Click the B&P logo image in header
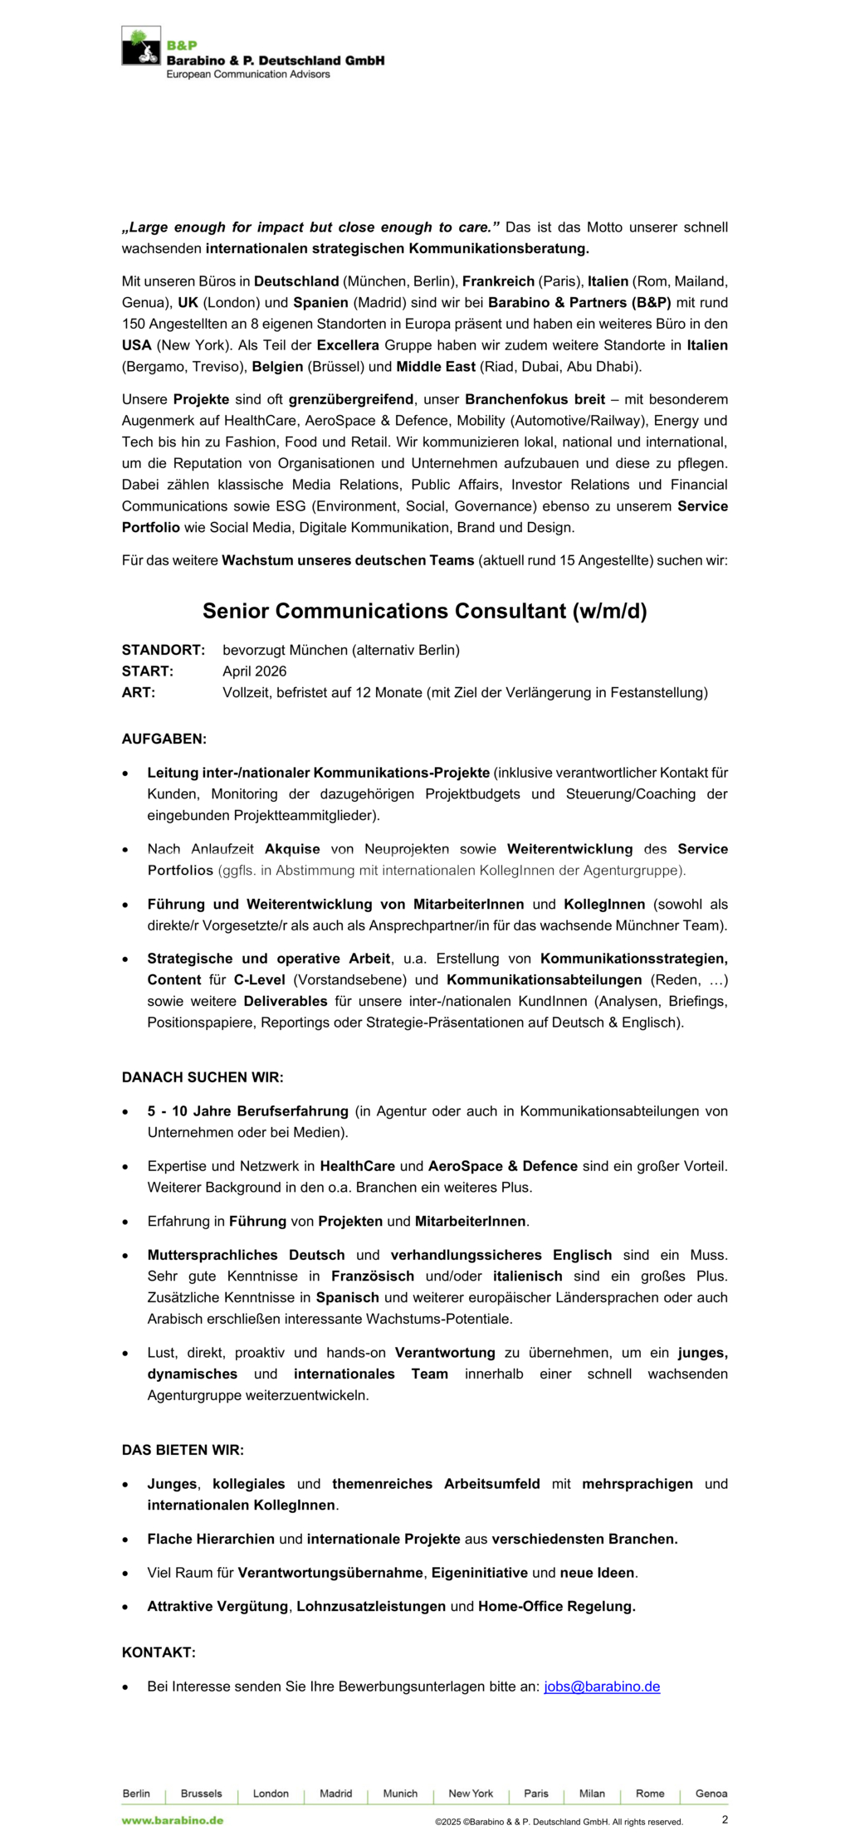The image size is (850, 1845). pos(141,46)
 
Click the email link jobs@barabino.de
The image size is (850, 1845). pos(602,1686)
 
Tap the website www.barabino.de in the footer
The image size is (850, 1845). pos(173,1820)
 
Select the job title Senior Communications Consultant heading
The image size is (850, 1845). pos(424,611)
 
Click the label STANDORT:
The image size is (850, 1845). pos(163,650)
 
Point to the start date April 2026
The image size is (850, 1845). pos(254,671)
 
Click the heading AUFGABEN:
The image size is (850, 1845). pos(164,739)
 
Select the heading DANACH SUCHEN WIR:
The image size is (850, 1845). pos(203,1077)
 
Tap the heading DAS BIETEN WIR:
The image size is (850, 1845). pos(183,1450)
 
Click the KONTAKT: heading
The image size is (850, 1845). pos(159,1652)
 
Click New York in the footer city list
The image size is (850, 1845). pos(471,1794)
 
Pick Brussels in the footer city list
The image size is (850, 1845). pos(201,1794)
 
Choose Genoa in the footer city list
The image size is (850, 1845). pos(711,1794)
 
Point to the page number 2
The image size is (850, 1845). pos(725,1819)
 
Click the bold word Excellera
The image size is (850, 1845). pos(348,345)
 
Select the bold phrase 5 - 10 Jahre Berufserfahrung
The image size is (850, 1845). pos(247,1111)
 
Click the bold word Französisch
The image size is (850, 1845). pos(373,1276)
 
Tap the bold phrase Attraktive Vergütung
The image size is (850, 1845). pos(218,1606)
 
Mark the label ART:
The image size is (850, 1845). pos(139,693)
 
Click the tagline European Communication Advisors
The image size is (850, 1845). pos(247,75)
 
